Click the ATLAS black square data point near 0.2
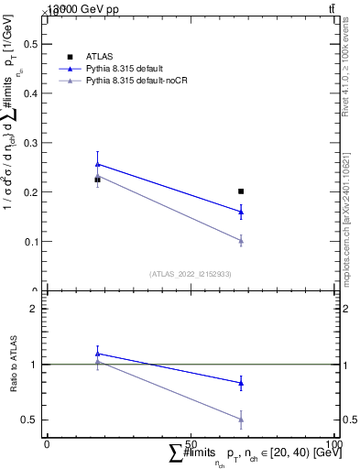(241, 191)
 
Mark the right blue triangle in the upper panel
(241, 212)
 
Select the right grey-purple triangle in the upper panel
(241, 241)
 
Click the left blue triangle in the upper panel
(98, 164)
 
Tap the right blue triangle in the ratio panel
(241, 383)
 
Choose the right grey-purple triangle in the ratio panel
(241, 420)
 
